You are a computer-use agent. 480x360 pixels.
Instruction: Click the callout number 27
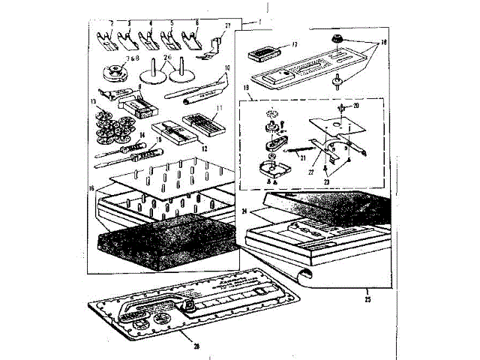pos(227,26)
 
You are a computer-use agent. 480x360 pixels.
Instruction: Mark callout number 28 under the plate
pos(196,346)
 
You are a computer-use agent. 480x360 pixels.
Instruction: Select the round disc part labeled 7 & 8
pos(117,73)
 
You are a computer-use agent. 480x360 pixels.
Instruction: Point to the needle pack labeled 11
pos(198,121)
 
